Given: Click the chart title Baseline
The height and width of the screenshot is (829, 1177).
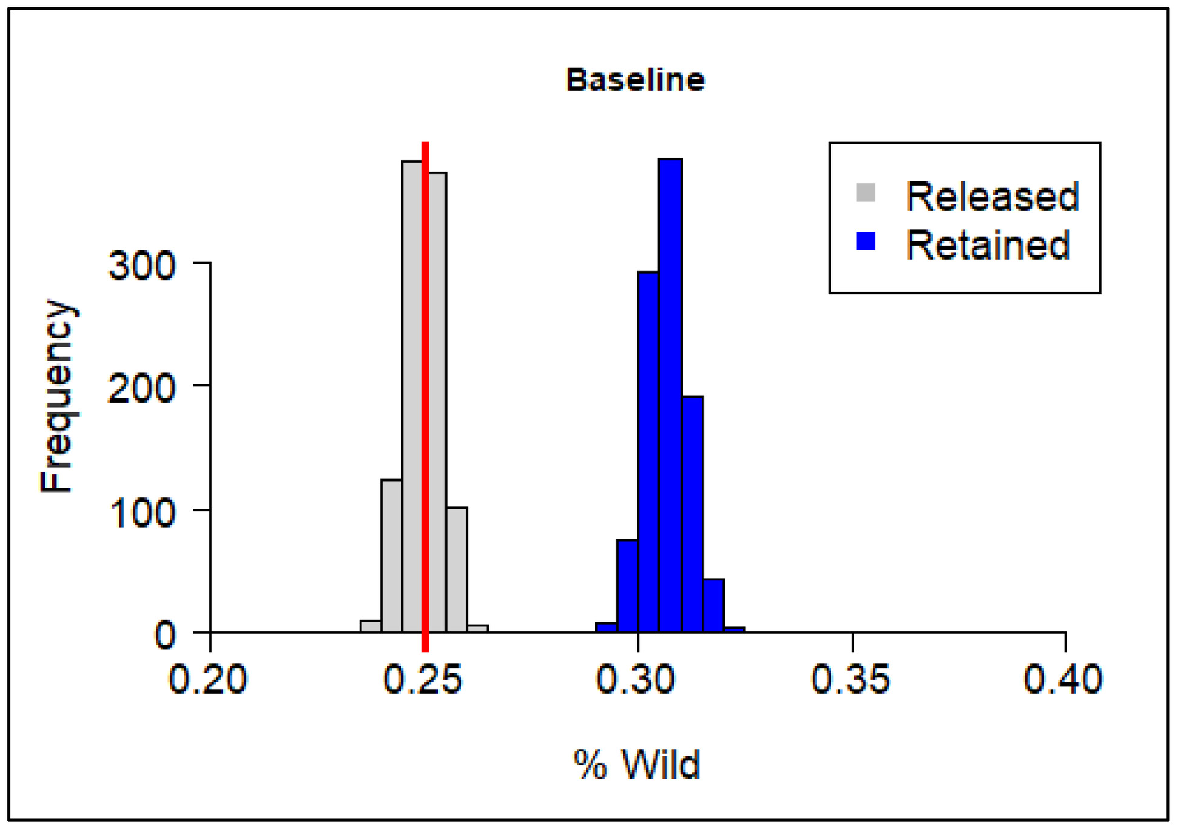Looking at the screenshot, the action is [x=635, y=80].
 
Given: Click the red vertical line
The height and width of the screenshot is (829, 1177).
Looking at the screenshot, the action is [x=426, y=397].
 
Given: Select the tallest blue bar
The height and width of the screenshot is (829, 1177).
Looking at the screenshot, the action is [x=671, y=395].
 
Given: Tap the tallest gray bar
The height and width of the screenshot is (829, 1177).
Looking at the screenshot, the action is [x=412, y=397].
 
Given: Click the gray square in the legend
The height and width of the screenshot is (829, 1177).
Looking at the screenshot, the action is [x=865, y=193].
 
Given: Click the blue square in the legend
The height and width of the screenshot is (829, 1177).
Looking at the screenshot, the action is [x=865, y=241].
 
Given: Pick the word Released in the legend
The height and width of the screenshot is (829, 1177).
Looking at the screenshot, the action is [x=993, y=196].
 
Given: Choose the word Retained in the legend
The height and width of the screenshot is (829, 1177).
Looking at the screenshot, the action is [x=988, y=245].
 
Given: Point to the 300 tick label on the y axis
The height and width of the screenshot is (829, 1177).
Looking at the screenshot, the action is [x=142, y=266].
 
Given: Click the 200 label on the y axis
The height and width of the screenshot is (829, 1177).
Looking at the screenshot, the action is [x=142, y=388].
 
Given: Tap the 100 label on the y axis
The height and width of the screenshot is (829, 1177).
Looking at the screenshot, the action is [x=142, y=512].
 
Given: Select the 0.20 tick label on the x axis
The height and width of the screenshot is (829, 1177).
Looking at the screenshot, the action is [x=207, y=679].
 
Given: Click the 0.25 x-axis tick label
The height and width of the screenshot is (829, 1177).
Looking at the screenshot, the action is [x=423, y=679].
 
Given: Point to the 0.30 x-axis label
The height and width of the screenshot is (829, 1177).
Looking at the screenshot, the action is [x=635, y=679].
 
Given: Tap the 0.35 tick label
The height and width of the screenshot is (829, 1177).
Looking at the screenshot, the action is [x=850, y=679].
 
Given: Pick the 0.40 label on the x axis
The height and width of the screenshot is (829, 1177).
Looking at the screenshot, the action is [x=1063, y=679].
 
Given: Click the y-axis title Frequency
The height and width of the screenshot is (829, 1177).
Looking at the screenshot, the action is [x=57, y=395].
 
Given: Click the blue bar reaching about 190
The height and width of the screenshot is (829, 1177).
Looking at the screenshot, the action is [x=693, y=514].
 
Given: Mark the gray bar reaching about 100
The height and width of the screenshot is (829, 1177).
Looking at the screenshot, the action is [x=457, y=570].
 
